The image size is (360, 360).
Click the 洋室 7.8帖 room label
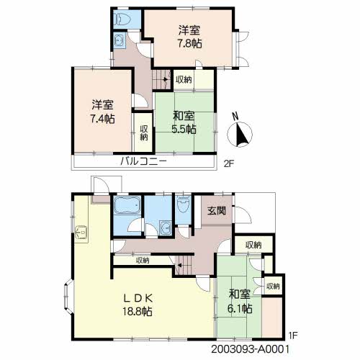189,37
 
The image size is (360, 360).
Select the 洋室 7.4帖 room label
102,112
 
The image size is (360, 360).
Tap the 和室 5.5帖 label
184,122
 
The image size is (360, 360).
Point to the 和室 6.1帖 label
240,302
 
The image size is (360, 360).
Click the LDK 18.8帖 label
138,305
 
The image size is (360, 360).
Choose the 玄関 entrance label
217,211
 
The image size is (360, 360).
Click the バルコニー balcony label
143,161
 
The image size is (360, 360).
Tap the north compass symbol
240,132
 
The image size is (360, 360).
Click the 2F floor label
229,164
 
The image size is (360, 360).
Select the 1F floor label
293,336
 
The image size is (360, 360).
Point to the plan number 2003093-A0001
250,349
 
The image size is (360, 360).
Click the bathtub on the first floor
127,205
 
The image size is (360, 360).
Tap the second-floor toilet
122,19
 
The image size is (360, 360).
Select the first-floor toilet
183,204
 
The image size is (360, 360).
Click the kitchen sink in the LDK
81,233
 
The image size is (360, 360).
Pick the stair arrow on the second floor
166,79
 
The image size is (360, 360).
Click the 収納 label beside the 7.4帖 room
144,132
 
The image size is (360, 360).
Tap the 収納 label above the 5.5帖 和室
184,80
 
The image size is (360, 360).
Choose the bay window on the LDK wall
68,297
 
